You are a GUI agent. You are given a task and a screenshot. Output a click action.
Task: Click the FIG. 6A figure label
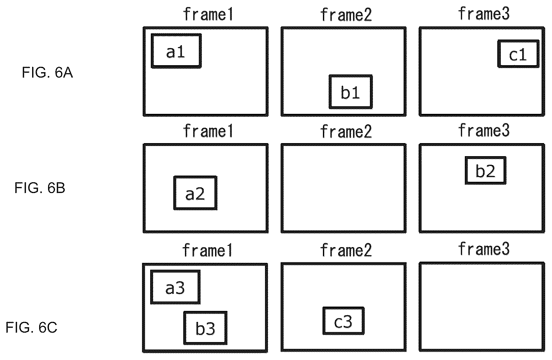point(47,73)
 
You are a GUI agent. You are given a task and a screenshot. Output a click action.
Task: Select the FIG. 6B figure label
point(40,188)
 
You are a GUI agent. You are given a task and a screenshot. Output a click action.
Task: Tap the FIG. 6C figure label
point(31,328)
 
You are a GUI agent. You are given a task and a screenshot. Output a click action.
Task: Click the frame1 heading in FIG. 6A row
point(208,15)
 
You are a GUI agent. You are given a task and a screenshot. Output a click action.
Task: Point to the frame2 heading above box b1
point(346,15)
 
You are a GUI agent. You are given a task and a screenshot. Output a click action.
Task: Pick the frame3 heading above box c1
point(484,14)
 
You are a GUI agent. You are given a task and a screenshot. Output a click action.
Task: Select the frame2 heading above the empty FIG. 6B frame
point(346,131)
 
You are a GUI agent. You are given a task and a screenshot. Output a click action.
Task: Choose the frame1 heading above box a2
point(208,131)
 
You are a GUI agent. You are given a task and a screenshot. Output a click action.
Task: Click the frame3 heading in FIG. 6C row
point(484,249)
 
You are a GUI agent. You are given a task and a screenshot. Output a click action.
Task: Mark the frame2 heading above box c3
point(346,250)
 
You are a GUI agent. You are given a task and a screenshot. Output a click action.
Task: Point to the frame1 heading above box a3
point(207,251)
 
